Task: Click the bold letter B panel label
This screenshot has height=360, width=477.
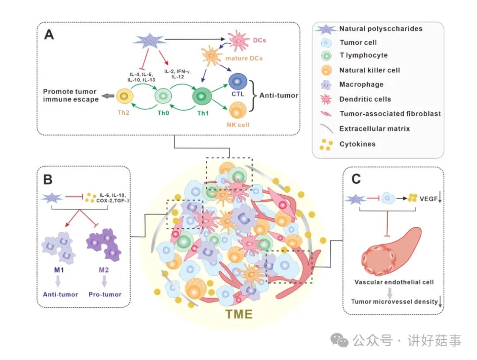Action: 49,180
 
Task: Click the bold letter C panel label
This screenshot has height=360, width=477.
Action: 356,180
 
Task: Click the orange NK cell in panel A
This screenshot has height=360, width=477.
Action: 239,109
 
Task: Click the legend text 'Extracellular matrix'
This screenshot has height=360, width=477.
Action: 375,129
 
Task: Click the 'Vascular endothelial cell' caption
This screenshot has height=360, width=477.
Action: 394,282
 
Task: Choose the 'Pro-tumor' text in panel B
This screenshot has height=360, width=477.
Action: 105,294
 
